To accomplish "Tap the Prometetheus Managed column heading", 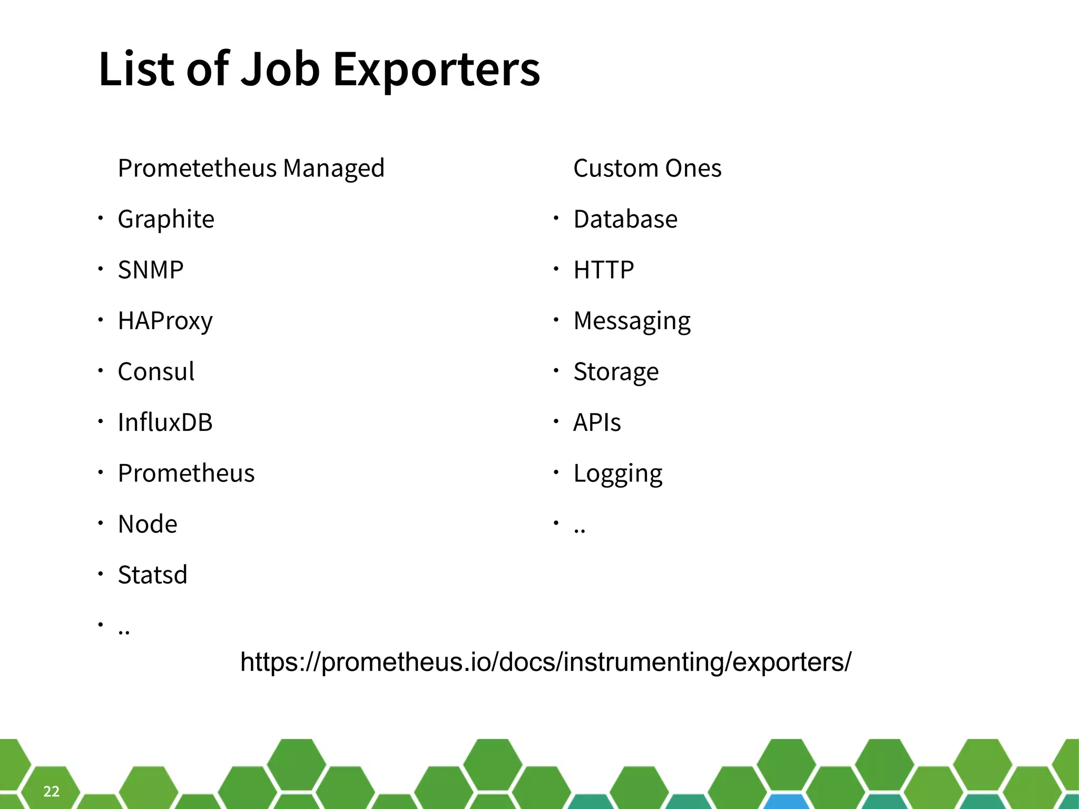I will click(x=251, y=169).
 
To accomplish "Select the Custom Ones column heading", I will click(x=647, y=169).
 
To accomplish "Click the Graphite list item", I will click(x=166, y=219).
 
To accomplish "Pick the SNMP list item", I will click(x=151, y=270).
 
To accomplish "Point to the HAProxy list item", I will click(x=165, y=321).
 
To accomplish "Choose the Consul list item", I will click(x=156, y=371).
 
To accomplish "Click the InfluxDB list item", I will click(x=165, y=422).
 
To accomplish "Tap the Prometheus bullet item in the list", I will click(x=186, y=473).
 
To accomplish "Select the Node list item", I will click(x=148, y=524).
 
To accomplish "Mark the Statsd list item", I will click(x=152, y=575).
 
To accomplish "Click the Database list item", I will click(x=625, y=219).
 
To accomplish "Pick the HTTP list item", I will click(x=603, y=270).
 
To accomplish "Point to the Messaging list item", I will click(x=632, y=321).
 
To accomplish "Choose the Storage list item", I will click(x=616, y=371).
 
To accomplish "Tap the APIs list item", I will click(x=597, y=422).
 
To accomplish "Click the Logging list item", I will click(x=617, y=473).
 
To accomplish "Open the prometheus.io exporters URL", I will click(x=545, y=662).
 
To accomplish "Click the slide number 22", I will click(x=51, y=791).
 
